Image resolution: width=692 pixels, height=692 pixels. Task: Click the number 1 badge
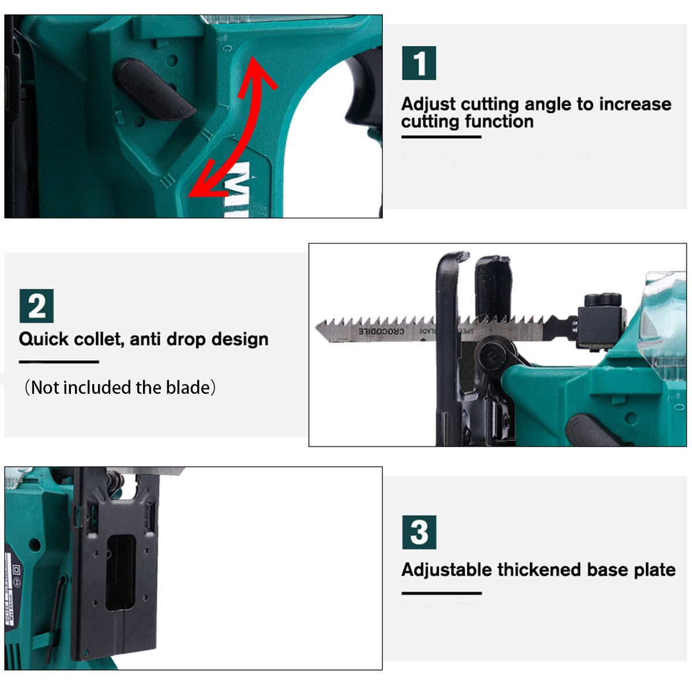pyautogui.click(x=419, y=63)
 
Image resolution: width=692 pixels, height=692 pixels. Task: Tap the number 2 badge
pyautogui.click(x=36, y=306)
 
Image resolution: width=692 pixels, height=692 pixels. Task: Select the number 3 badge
pyautogui.click(x=419, y=532)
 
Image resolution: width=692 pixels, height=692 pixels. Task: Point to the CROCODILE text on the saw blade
pyautogui.click(x=381, y=332)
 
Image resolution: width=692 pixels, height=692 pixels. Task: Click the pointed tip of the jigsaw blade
pyautogui.click(x=318, y=328)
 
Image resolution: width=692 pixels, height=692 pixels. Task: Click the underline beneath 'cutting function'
pyautogui.click(x=441, y=137)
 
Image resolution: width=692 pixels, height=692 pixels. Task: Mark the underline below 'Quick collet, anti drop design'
pyautogui.click(x=59, y=362)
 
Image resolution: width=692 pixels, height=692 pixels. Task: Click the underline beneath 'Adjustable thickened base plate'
pyautogui.click(x=441, y=593)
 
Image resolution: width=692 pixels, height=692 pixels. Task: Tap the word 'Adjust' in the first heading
pyautogui.click(x=428, y=104)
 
